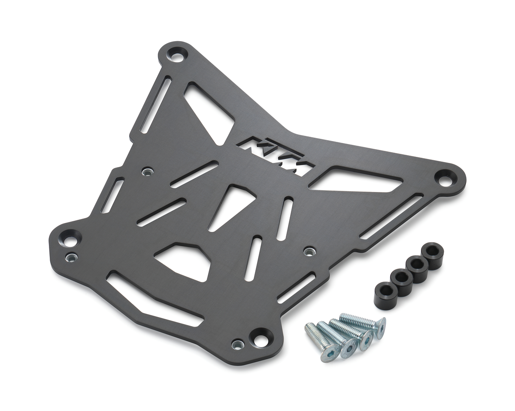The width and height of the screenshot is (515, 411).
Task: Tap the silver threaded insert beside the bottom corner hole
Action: pyautogui.click(x=237, y=344)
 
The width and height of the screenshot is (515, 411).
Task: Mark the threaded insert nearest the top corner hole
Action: pyautogui.click(x=146, y=171)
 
